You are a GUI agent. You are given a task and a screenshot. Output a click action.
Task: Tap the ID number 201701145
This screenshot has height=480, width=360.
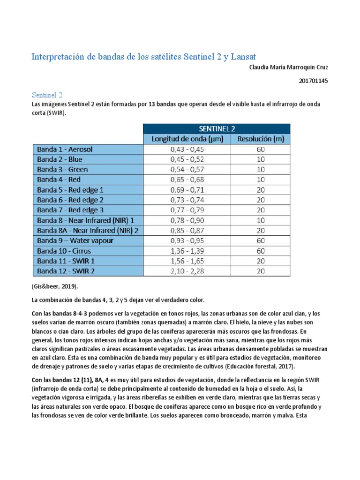[x=313, y=81]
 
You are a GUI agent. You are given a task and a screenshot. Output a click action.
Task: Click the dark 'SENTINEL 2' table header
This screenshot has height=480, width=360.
[x=216, y=129]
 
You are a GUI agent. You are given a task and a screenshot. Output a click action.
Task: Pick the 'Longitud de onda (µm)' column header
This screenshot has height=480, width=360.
[x=187, y=139]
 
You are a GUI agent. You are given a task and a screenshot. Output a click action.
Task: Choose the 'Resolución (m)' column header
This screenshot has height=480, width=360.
[x=261, y=139]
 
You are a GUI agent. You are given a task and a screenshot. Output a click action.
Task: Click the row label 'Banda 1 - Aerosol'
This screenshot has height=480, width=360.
[x=65, y=150]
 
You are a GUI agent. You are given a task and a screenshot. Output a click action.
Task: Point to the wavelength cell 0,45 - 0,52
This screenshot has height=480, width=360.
[x=187, y=159]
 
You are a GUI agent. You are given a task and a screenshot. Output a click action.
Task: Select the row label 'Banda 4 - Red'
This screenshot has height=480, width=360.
[x=59, y=180]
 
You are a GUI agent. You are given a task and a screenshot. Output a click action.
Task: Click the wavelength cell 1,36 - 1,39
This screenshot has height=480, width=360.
[x=187, y=251]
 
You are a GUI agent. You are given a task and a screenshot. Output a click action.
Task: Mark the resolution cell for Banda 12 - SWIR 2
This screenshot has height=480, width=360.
[x=261, y=271]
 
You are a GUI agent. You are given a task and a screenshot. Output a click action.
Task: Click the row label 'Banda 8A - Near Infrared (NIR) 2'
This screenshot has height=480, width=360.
[x=88, y=230]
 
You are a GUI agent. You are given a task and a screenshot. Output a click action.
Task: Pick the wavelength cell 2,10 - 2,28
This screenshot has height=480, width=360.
[x=187, y=271]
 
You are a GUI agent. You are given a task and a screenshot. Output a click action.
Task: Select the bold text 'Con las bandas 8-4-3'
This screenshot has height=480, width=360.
[x=61, y=314]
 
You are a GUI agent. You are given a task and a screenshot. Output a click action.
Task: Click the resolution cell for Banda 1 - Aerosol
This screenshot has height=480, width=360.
[x=261, y=150]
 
